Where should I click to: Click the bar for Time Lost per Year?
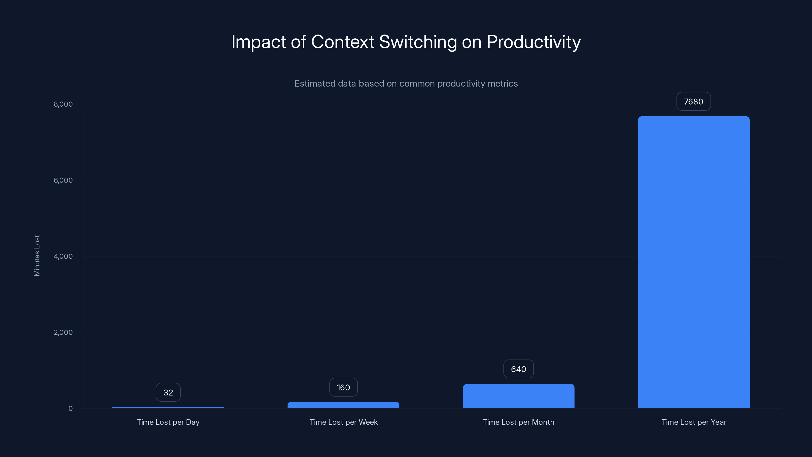click(693, 262)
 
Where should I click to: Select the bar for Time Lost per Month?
click(518, 396)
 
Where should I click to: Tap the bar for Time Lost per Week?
click(343, 405)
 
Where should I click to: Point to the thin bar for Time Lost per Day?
click(168, 407)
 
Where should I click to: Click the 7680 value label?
click(693, 102)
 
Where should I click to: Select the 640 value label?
click(518, 369)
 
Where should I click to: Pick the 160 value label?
click(343, 387)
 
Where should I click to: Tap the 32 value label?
click(168, 392)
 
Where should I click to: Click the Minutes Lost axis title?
click(37, 255)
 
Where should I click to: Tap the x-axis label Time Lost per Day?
click(168, 422)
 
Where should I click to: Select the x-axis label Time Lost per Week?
click(343, 422)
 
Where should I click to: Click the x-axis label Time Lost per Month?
click(518, 422)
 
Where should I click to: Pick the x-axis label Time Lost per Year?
click(693, 422)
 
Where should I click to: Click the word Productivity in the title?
click(533, 42)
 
